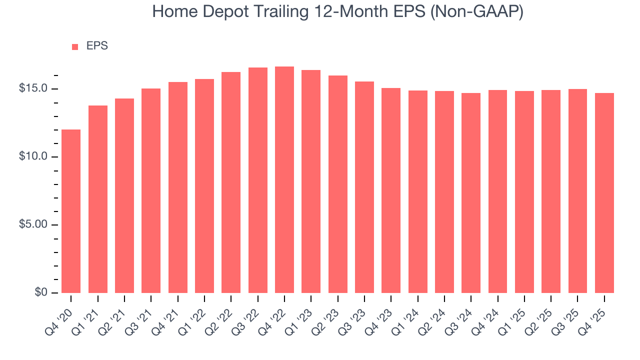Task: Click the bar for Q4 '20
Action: pos(71,211)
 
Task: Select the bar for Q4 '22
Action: pos(284,179)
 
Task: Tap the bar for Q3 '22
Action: pos(257,180)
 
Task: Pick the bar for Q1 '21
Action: pos(98,199)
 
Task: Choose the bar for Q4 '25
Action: pos(604,192)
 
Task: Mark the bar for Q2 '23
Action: pos(338,184)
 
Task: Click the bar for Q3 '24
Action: pos(471,192)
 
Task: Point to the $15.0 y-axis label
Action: pos(33,88)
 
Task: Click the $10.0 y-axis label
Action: pos(33,156)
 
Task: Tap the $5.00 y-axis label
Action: pos(33,224)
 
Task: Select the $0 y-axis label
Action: pos(41,292)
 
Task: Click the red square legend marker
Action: pos(75,46)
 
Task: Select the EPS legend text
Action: pos(97,46)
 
